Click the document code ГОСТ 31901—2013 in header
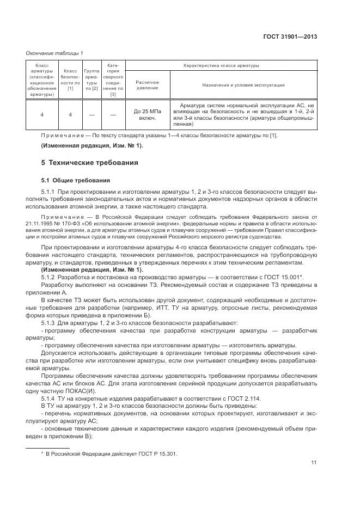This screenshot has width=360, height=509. point(291,37)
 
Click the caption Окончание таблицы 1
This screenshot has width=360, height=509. point(54,53)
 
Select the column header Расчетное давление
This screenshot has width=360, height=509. point(148,84)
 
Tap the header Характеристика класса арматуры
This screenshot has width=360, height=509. point(221,65)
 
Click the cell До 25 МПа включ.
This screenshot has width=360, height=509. point(148,114)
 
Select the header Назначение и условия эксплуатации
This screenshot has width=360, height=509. point(243,85)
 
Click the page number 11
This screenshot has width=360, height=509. point(314,463)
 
